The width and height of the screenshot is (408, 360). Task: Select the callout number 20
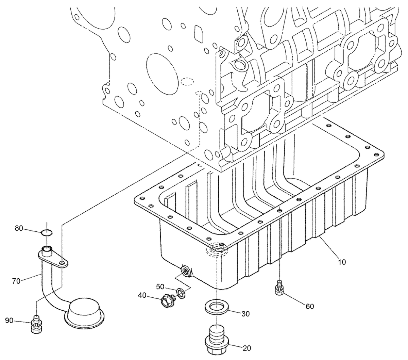(247, 348)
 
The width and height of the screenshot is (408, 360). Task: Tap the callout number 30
(245, 314)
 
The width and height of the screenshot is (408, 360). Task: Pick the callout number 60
(309, 306)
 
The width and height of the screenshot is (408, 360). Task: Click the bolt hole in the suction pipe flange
(62, 263)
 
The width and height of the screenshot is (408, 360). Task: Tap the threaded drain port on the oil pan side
(186, 271)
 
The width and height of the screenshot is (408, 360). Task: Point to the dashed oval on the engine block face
(187, 82)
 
